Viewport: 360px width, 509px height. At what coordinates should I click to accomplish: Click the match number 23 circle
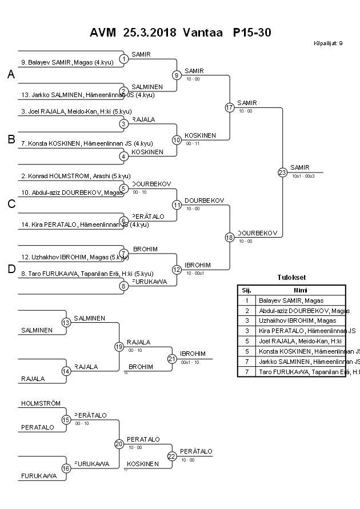[x=282, y=172]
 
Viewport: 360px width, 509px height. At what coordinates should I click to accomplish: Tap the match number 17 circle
[x=230, y=107]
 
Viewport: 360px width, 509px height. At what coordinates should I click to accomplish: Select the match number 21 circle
[x=171, y=358]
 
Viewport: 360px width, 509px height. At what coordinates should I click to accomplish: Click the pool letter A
[x=11, y=74]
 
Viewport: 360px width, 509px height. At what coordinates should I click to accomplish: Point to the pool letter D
[x=11, y=269]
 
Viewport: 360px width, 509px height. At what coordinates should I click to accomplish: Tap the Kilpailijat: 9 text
[x=328, y=43]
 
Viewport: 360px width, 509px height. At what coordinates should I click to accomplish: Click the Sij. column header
[x=246, y=290]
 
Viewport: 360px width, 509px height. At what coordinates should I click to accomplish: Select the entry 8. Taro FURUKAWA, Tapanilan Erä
[x=78, y=273]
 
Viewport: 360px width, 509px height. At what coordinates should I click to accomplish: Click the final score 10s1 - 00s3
[x=303, y=177]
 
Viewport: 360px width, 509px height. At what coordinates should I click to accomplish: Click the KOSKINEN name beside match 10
[x=200, y=135]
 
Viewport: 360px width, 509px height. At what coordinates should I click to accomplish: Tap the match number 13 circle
[x=66, y=323]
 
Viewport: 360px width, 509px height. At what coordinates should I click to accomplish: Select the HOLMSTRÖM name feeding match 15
[x=41, y=403]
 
